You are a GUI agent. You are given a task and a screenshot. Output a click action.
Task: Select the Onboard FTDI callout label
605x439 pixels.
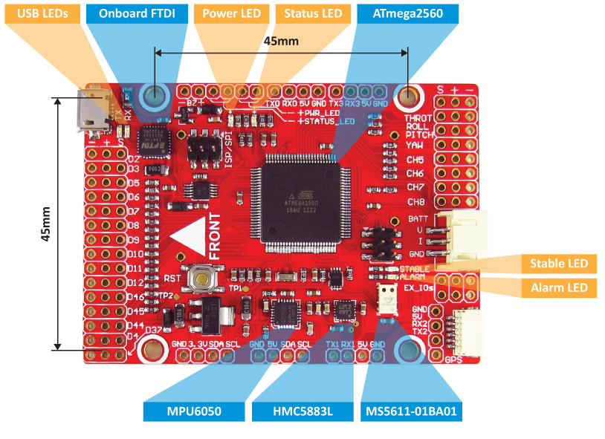137,13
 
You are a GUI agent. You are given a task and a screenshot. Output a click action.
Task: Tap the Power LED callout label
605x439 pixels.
232,13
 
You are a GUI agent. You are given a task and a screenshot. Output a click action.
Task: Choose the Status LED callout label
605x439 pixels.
313,13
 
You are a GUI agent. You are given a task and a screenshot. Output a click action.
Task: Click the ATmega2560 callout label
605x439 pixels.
407,13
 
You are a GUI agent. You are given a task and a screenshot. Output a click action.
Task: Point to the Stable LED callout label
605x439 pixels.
558,264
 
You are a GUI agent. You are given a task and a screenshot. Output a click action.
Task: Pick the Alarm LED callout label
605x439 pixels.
558,288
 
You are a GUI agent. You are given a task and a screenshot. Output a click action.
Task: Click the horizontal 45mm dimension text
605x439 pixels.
281,42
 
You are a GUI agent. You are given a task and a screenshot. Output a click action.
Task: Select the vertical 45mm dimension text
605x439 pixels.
45,224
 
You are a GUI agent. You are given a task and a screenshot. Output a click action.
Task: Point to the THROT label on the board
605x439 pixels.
418,118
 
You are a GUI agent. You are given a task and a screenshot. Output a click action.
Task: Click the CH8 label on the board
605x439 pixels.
415,202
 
